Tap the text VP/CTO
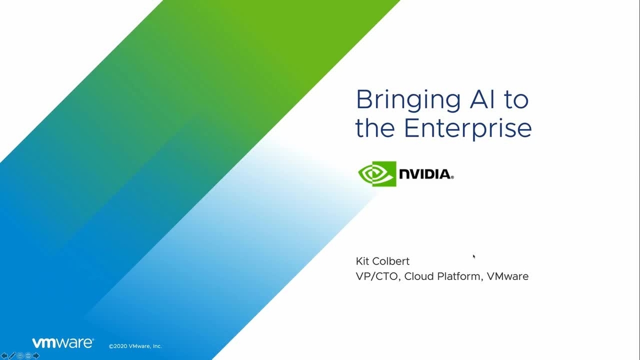pos(375,276)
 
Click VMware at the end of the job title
pos(507,276)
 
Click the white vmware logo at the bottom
pos(62,343)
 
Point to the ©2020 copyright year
pos(117,346)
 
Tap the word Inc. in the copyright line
pos(156,346)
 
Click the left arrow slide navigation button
pos(4,356)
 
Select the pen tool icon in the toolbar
pos(12,356)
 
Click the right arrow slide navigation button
pos(36,356)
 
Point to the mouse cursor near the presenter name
pos(474,256)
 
